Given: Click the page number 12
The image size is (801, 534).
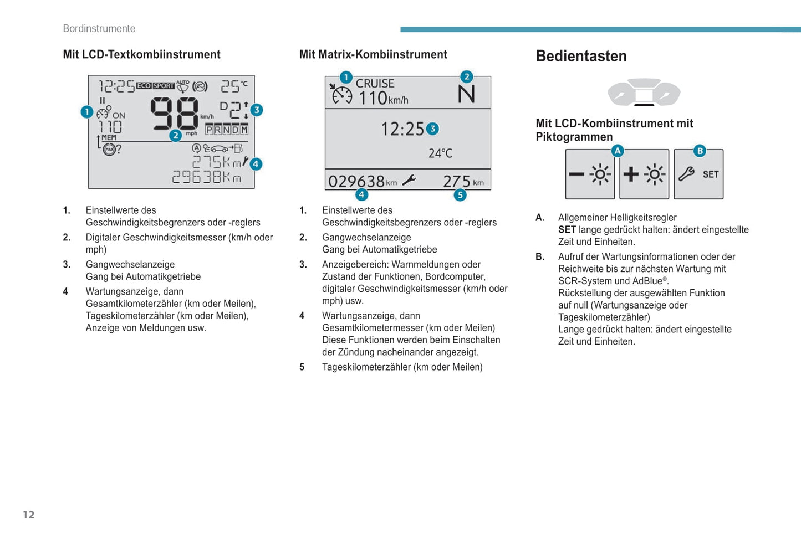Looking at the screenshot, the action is tap(29, 515).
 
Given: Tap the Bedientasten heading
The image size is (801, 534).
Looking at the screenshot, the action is tap(581, 56).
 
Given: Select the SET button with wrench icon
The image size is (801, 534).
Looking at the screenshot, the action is tap(698, 174).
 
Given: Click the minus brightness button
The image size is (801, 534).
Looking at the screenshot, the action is tap(590, 174).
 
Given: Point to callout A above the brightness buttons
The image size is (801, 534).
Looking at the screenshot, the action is tap(618, 151).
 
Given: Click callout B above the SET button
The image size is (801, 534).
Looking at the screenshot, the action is tap(700, 151).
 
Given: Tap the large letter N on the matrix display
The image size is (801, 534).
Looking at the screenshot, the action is tap(466, 94).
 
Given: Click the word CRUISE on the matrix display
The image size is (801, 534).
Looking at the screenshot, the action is tap(375, 84).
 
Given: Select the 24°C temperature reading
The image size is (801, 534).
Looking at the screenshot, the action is tap(441, 153).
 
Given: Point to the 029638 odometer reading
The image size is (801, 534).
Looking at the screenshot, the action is tap(356, 181).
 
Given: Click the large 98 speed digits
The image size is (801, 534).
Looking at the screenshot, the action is tap(174, 114).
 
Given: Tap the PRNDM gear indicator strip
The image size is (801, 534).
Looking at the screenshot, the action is tap(227, 130).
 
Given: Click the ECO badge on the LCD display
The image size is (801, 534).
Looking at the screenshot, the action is tap(144, 85).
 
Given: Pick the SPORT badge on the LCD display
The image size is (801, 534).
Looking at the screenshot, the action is tap(164, 85).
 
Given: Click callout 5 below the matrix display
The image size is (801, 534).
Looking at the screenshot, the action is tap(460, 195).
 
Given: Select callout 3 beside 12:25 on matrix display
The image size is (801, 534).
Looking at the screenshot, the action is tap(433, 129).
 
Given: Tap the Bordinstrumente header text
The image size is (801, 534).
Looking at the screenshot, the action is tap(99, 29).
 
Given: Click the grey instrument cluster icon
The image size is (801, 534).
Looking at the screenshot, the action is tap(644, 92).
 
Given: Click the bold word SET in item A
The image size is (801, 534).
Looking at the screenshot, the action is tap(567, 229).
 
